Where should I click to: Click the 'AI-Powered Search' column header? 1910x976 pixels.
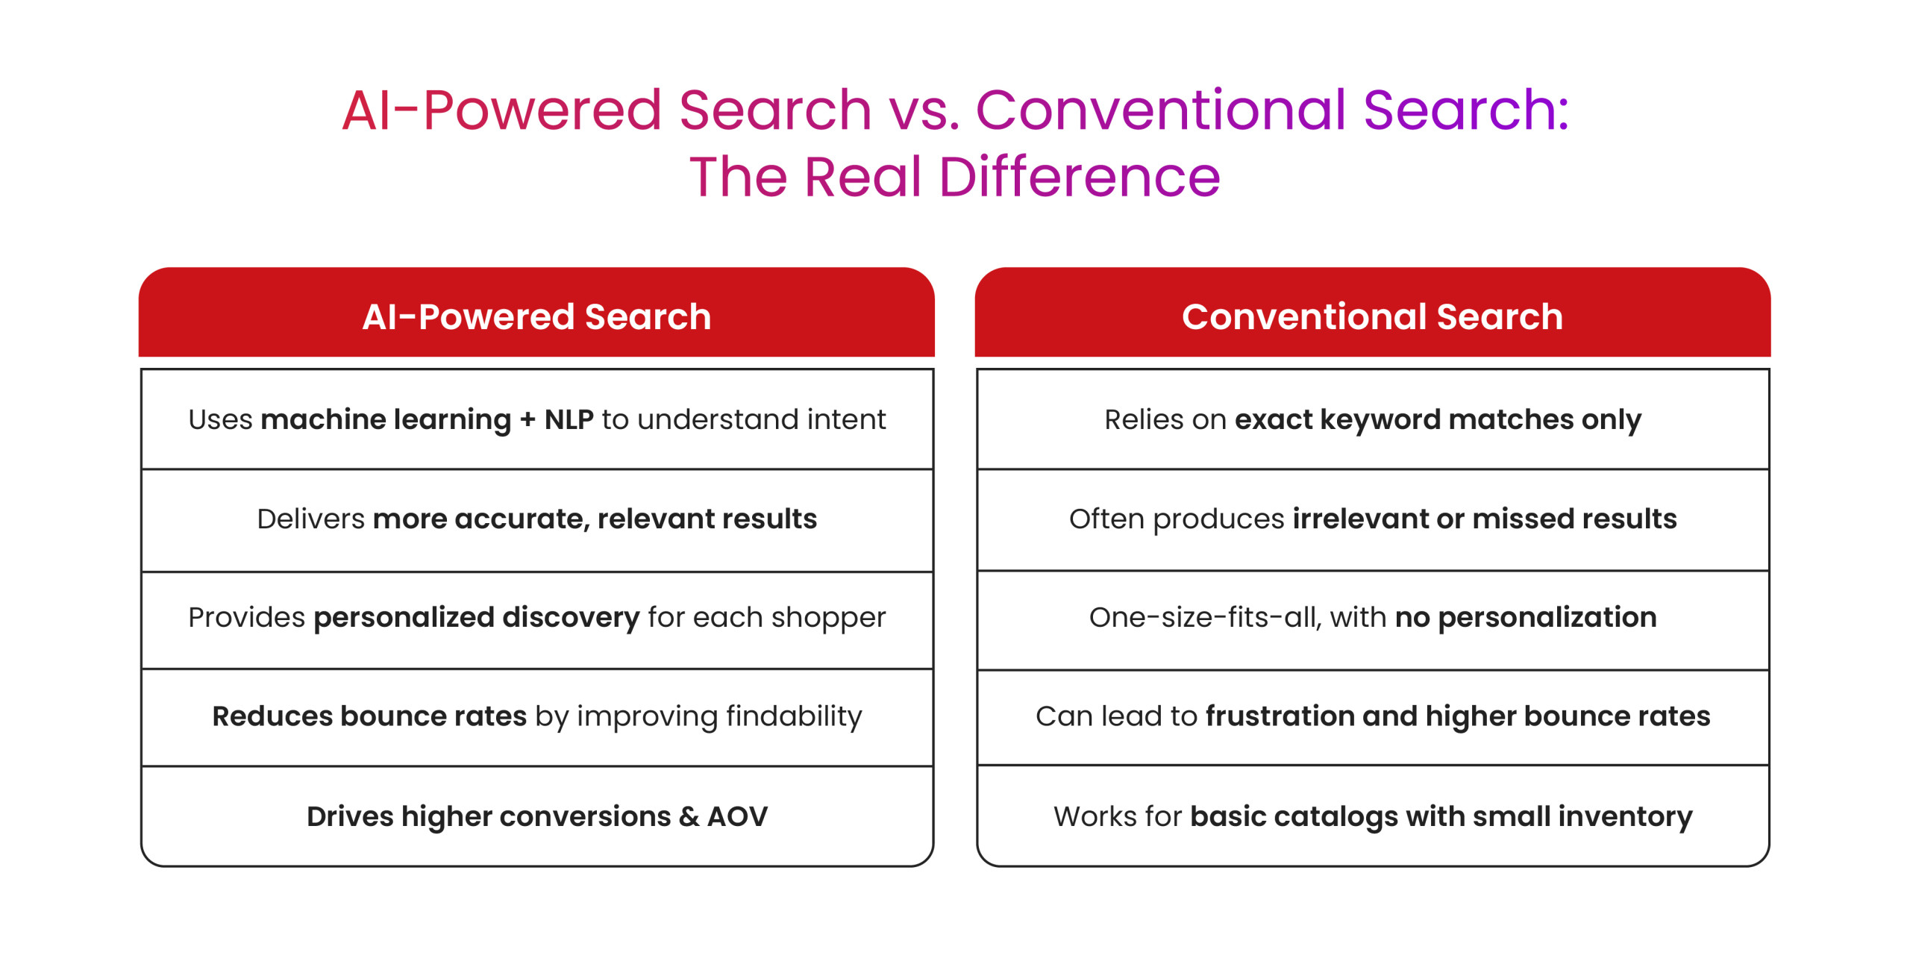(x=536, y=316)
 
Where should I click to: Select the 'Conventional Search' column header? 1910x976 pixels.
(x=1372, y=316)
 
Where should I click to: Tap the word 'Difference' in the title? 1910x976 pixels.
(x=1079, y=178)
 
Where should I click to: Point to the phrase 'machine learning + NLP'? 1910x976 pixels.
(x=427, y=420)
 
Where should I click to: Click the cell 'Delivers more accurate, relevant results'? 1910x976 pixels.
(x=537, y=519)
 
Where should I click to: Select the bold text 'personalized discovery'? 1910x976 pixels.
(x=477, y=618)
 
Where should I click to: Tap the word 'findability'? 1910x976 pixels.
(x=794, y=716)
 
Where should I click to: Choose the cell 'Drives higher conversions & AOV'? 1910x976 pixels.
(x=537, y=816)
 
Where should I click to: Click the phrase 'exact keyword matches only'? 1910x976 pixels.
(x=1438, y=420)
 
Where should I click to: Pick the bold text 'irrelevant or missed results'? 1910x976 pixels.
(x=1485, y=519)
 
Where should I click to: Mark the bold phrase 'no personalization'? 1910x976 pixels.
(x=1526, y=618)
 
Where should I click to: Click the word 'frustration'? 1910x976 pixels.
(x=1280, y=716)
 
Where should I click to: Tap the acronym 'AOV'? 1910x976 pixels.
(x=737, y=816)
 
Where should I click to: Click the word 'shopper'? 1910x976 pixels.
(x=828, y=619)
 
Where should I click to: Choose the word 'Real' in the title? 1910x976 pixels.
(x=863, y=178)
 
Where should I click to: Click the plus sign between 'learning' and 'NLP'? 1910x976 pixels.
(x=527, y=420)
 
